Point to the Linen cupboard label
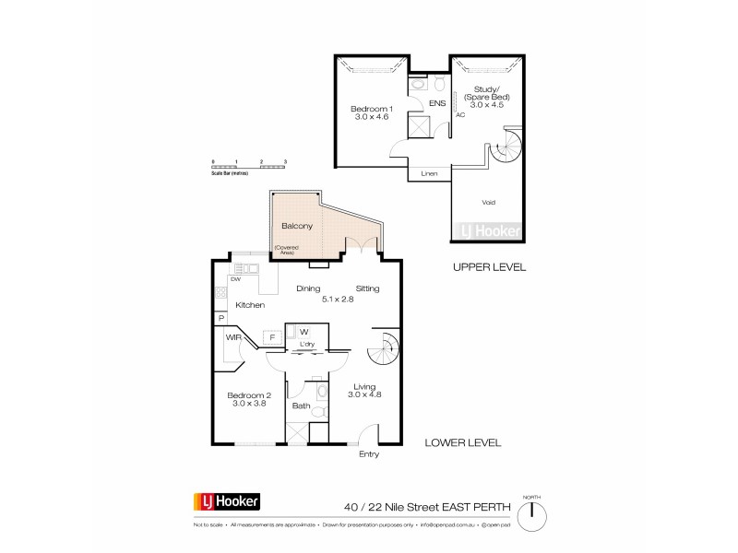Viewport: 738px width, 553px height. (429, 172)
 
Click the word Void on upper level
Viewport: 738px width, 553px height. (489, 202)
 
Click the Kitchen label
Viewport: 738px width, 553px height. (250, 305)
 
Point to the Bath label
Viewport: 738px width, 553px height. (301, 406)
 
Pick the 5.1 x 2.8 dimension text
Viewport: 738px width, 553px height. (339, 299)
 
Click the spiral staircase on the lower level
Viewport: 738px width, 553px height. (382, 351)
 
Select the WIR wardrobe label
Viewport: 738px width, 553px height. (232, 338)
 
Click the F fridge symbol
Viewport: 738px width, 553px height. (272, 338)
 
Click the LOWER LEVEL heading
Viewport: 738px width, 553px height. (463, 442)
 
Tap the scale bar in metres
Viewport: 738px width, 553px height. (249, 167)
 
